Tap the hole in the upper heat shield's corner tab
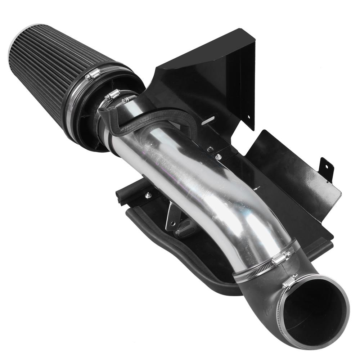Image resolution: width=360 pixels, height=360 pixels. pos(248,117)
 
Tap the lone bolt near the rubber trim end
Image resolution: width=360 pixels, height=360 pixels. pos(147,195)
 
